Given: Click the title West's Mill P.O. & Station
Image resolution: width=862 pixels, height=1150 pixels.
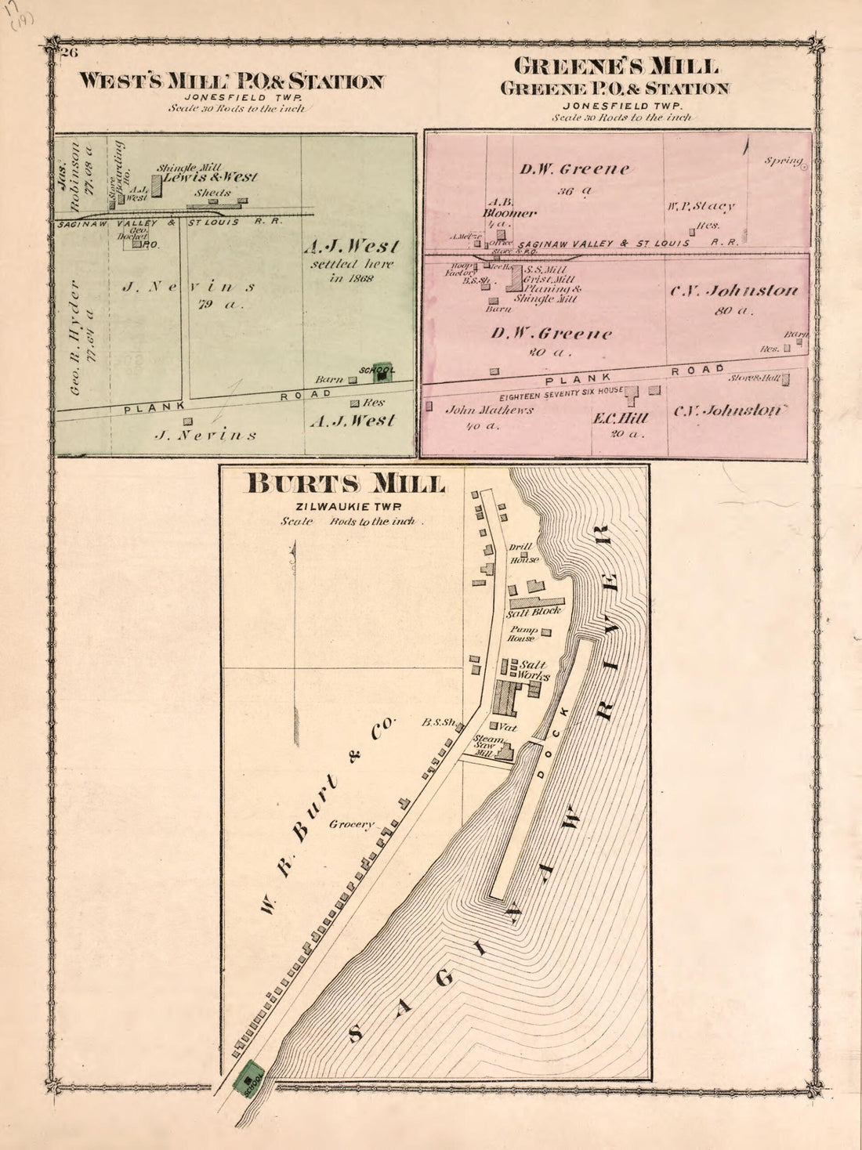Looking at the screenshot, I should [233, 81].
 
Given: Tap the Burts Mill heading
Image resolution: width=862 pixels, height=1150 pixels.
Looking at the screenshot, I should [346, 483].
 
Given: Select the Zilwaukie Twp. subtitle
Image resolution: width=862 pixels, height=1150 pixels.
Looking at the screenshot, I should [346, 506].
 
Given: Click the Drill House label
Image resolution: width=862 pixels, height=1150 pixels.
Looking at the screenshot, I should [523, 554].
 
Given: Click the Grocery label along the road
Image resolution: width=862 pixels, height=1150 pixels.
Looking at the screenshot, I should [352, 824].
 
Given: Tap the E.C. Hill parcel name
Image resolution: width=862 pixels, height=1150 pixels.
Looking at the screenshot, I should [619, 418].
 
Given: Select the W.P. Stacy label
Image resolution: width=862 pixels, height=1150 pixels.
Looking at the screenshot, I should [701, 206].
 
